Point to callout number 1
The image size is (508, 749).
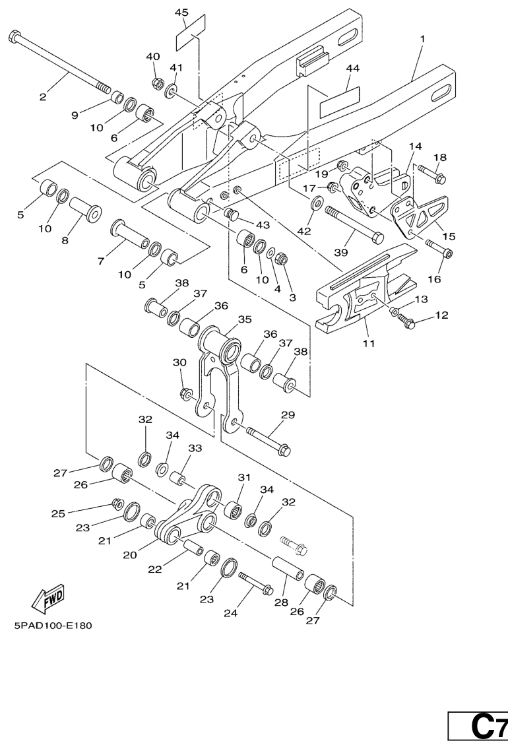coord(422,39)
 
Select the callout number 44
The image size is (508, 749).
coord(353,69)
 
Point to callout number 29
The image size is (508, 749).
coord(288,415)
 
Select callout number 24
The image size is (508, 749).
coord(230,613)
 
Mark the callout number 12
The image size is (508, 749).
coord(441,315)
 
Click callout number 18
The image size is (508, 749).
coord(440,158)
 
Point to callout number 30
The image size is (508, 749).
coord(179,363)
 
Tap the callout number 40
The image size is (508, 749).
coord(153,57)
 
